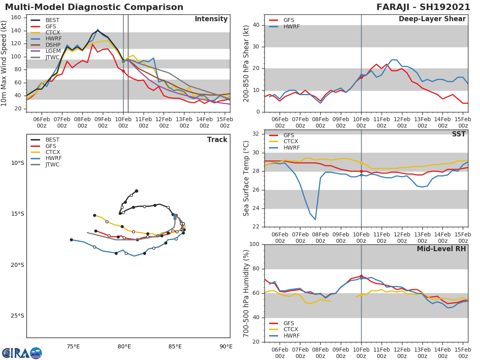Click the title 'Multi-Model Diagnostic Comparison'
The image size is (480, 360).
click(94, 7)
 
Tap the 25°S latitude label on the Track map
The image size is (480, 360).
click(17, 316)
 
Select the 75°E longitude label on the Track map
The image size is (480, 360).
click(73, 346)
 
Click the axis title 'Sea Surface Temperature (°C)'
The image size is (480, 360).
click(246, 178)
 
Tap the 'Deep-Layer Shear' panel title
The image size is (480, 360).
click(432, 19)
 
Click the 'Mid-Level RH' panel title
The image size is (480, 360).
click(441, 249)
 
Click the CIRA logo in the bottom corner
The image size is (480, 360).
click(22, 353)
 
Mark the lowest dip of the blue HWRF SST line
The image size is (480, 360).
click(315, 219)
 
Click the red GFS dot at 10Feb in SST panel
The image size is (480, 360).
click(361, 171)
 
